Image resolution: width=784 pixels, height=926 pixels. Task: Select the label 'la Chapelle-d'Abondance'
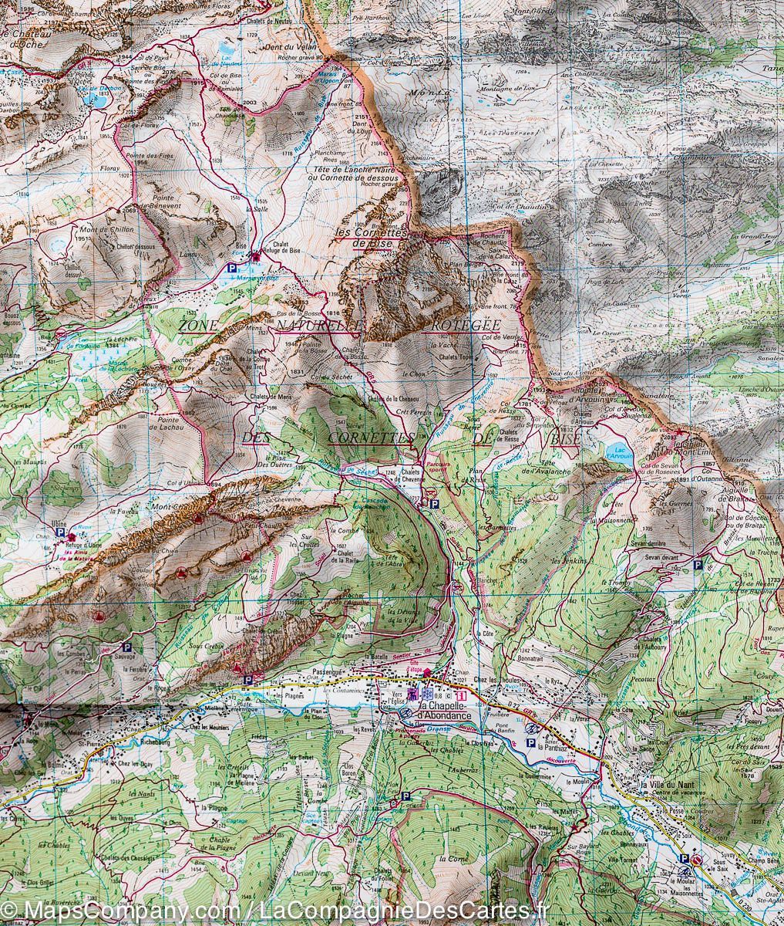443,711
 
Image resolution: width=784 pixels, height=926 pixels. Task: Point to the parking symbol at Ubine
60,532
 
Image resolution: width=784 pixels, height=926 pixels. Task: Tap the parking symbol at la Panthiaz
530,742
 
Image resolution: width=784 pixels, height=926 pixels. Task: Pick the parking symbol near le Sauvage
128,648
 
